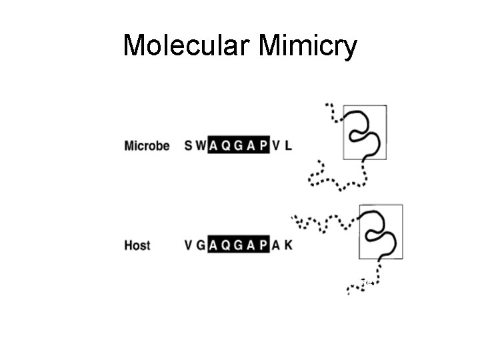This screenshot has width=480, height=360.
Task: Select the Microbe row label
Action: click(147, 145)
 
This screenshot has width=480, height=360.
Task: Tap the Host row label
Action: click(137, 245)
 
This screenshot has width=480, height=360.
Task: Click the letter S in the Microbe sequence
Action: click(188, 145)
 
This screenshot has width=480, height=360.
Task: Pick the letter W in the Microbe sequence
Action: click(200, 145)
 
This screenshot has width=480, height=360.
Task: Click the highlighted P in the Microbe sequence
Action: click(263, 145)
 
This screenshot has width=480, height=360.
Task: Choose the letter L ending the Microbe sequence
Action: click(288, 145)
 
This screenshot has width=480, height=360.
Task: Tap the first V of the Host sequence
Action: click(188, 245)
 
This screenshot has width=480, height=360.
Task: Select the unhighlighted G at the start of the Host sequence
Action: click(200, 245)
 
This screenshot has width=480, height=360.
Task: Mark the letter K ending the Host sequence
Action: click(288, 245)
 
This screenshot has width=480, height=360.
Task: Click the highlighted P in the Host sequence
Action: click(263, 245)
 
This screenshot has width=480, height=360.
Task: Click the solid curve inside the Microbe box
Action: click(365, 131)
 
